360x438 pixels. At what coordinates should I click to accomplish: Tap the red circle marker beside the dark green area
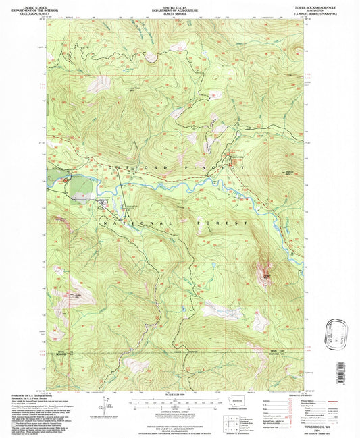(x=66, y=180)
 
